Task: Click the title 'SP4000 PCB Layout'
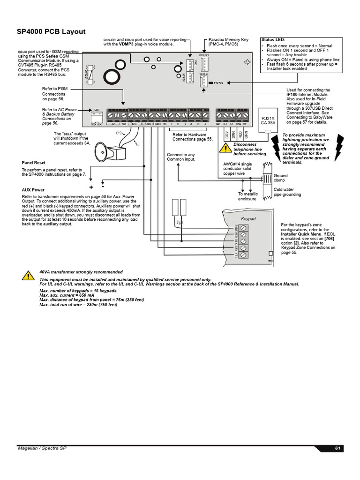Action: (x=52, y=31)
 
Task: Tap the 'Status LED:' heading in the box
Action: (x=276, y=40)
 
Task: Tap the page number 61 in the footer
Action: (x=337, y=449)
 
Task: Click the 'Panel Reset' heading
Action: (x=34, y=163)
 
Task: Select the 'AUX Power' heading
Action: (x=33, y=190)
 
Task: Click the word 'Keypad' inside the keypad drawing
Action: (x=248, y=218)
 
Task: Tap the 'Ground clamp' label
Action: (x=281, y=178)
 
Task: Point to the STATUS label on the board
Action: (x=218, y=83)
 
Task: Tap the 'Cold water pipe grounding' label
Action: (x=287, y=192)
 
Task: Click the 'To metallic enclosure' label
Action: (x=247, y=196)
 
